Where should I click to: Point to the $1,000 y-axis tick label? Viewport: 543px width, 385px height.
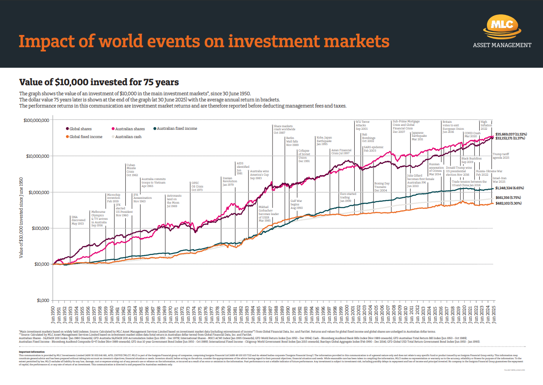click(x=42, y=301)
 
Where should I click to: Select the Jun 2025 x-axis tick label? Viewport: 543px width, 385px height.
click(x=494, y=313)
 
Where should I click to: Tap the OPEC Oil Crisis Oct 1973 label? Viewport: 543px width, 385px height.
click(x=197, y=187)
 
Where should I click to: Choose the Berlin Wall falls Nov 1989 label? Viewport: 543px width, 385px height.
click(x=292, y=141)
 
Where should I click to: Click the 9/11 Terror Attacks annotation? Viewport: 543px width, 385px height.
click(x=363, y=125)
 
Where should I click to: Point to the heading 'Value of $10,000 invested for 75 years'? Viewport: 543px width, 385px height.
click(x=99, y=82)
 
